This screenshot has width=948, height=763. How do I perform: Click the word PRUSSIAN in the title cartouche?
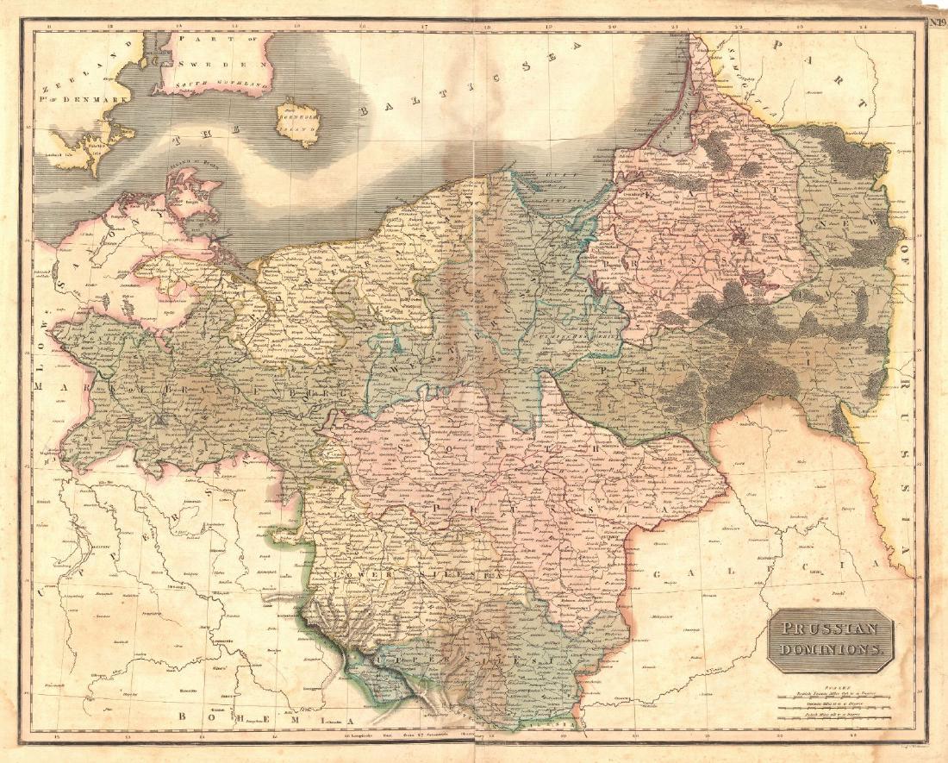click(828, 629)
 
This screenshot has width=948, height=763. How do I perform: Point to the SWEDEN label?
click(223, 65)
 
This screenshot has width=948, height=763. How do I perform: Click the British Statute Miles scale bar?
click(833, 692)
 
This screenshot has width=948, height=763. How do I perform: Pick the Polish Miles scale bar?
click(833, 715)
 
